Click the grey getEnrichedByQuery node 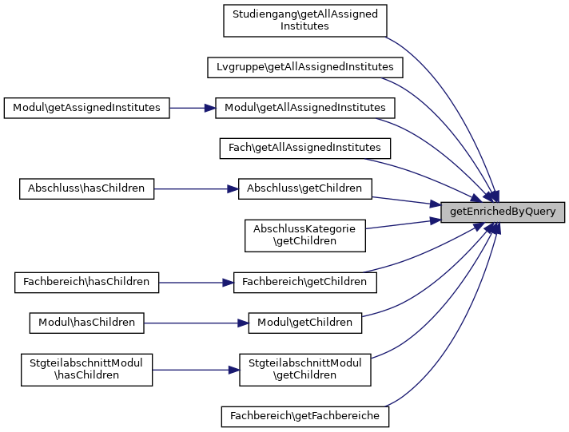(503, 212)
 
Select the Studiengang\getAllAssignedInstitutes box (304, 20)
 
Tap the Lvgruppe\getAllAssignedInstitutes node (304, 66)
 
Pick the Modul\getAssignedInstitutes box (86, 107)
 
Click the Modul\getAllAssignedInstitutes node (304, 107)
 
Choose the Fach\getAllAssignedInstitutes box (304, 148)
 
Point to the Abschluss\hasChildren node (86, 188)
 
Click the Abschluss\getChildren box (304, 188)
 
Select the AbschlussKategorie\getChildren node (304, 235)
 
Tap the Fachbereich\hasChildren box (86, 282)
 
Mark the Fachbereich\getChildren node (304, 282)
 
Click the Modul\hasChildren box (86, 323)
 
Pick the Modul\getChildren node (304, 323)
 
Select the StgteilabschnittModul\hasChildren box (86, 370)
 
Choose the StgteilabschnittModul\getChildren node (304, 370)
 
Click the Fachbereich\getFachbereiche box (304, 416)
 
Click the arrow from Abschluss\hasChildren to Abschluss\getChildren (196, 188)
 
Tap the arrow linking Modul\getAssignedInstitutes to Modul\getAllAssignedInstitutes (193, 107)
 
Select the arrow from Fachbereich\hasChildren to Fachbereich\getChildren (196, 282)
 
